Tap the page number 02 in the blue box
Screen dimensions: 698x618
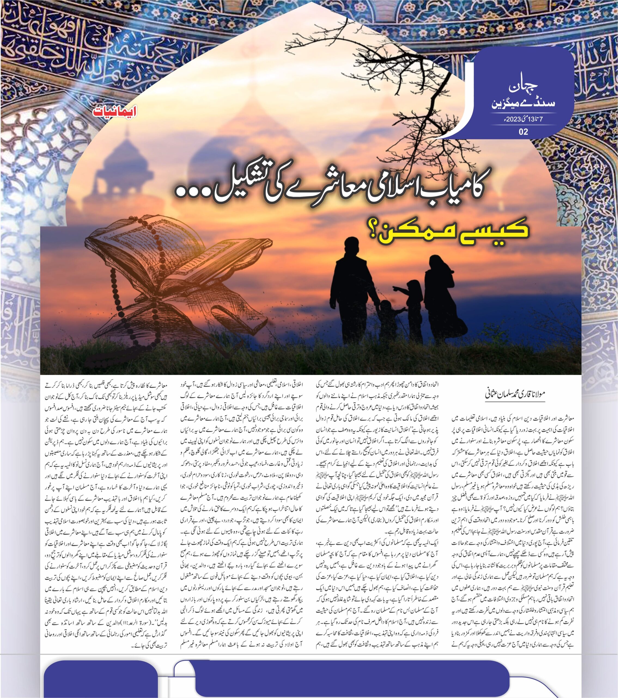[x=523, y=132]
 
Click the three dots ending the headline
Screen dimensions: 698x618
[x=192, y=194]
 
